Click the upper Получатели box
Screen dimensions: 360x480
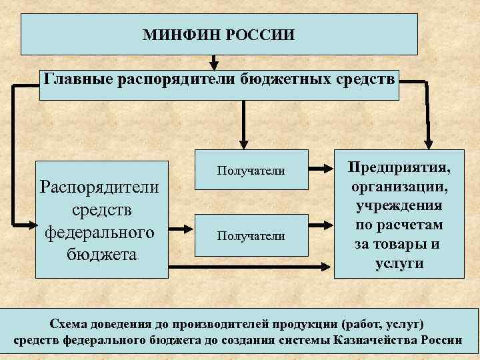251,171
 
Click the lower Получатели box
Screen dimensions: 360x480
251,235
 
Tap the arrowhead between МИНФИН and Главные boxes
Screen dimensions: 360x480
213,65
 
